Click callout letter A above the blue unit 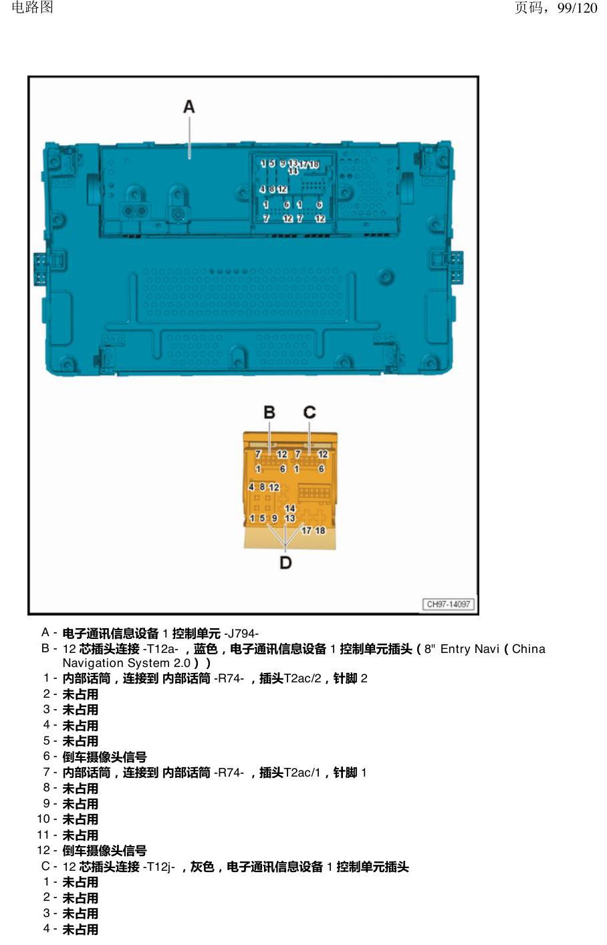[189, 107]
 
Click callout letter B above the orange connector [269, 412]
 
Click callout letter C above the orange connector [310, 412]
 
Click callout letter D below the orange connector [285, 562]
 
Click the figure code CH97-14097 [449, 604]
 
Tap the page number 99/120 [577, 8]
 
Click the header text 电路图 [33, 7]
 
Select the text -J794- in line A [241, 634]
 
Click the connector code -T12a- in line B [161, 649]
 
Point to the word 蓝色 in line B [206, 649]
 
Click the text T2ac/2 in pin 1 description [302, 678]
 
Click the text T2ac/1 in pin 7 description [302, 773]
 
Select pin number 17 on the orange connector [306, 530]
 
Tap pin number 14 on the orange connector [290, 509]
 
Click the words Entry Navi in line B [470, 649]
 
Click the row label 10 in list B [43, 819]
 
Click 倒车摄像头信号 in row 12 [105, 851]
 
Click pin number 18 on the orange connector [320, 530]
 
